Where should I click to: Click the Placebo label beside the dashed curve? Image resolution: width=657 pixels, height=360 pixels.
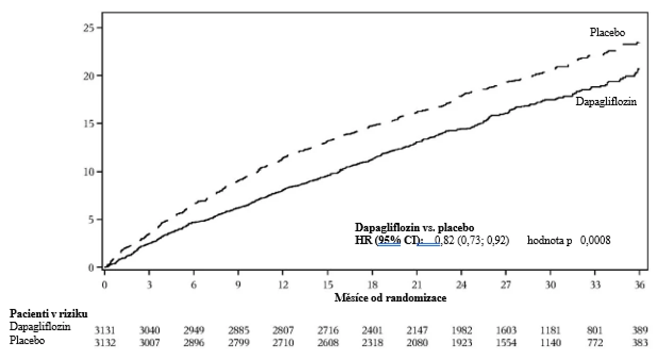(607, 32)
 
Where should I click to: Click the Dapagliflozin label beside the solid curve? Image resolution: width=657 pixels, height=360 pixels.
(606, 102)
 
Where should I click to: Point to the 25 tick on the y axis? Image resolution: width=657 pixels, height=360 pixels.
(89, 28)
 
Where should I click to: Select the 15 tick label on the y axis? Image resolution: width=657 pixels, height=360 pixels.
(89, 124)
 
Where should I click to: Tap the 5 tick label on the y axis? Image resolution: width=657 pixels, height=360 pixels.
(92, 220)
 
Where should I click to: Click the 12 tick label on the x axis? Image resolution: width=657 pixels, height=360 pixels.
(283, 284)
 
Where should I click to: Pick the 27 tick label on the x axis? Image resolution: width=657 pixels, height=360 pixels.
(506, 284)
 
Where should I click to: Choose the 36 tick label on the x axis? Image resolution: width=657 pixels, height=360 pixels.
(639, 284)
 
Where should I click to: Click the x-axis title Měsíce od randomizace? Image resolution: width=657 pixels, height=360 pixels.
(390, 298)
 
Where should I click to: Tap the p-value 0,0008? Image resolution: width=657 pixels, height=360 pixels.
(595, 240)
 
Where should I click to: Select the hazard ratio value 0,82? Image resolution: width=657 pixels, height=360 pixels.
(445, 240)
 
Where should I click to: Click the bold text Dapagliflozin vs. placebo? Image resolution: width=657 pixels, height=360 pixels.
(414, 228)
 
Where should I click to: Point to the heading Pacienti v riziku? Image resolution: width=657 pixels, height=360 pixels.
(49, 314)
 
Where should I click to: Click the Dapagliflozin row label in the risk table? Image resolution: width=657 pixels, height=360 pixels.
(40, 326)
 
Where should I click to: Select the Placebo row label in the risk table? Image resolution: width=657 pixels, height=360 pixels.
(27, 340)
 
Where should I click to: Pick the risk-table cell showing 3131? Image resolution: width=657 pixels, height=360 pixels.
(105, 330)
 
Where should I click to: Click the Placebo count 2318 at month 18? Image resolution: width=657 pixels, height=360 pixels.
(372, 342)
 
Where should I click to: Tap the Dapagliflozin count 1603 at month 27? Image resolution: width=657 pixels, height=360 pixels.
(506, 330)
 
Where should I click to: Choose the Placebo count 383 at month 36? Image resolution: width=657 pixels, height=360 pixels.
(640, 342)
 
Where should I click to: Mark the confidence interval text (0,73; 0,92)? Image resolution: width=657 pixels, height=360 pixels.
(484, 240)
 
